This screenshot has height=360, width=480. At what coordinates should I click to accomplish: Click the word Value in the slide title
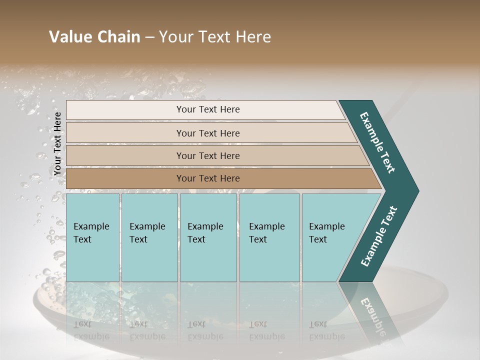tap(70, 37)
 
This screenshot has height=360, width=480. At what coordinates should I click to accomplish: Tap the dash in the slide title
tap(149, 37)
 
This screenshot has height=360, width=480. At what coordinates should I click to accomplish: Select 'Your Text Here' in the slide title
tap(215, 37)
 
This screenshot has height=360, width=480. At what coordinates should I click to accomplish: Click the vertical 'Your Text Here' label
tap(57, 143)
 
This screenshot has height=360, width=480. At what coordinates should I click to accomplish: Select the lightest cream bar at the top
tap(207, 110)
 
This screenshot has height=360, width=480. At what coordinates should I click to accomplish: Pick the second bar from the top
tap(207, 133)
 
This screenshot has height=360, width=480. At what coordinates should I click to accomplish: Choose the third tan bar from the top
tap(207, 155)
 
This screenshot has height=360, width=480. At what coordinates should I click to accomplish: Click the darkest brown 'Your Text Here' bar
tap(207, 178)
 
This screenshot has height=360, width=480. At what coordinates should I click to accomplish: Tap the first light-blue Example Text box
tap(92, 237)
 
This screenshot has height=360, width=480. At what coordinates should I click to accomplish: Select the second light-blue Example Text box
tap(149, 237)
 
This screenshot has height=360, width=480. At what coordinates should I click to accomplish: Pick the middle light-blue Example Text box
tap(208, 237)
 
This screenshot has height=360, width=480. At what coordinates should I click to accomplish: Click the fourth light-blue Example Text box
tap(269, 237)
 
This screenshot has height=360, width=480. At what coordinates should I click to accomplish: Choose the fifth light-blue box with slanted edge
tap(330, 237)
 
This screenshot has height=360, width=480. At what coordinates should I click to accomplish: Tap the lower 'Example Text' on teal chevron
tap(379, 236)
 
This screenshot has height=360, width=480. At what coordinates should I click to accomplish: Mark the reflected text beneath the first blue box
tap(91, 330)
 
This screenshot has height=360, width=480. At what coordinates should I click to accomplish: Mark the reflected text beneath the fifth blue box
tap(326, 330)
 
